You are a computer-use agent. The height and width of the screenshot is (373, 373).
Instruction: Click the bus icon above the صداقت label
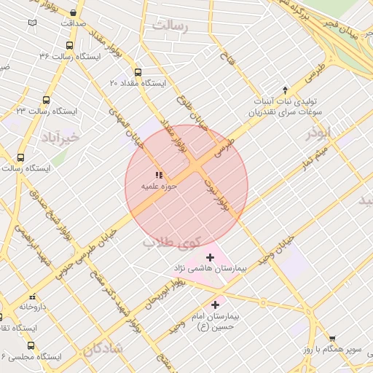tap(74, 13)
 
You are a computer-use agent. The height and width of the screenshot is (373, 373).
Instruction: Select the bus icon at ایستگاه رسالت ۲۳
tap(47, 100)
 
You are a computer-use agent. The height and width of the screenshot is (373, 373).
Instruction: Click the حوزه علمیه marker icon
tap(159, 175)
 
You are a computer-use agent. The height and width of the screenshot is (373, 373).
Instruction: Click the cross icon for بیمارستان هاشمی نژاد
tap(210, 256)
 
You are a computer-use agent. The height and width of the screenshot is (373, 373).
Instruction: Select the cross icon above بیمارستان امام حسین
tap(214, 305)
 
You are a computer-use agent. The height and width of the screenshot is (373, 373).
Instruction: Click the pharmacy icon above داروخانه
tap(32, 297)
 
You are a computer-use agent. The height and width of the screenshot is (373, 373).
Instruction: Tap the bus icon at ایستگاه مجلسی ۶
tap(31, 345)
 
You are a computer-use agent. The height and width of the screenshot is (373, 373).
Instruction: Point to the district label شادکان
tap(103, 349)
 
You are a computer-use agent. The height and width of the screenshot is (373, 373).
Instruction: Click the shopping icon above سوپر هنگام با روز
tap(332, 339)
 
